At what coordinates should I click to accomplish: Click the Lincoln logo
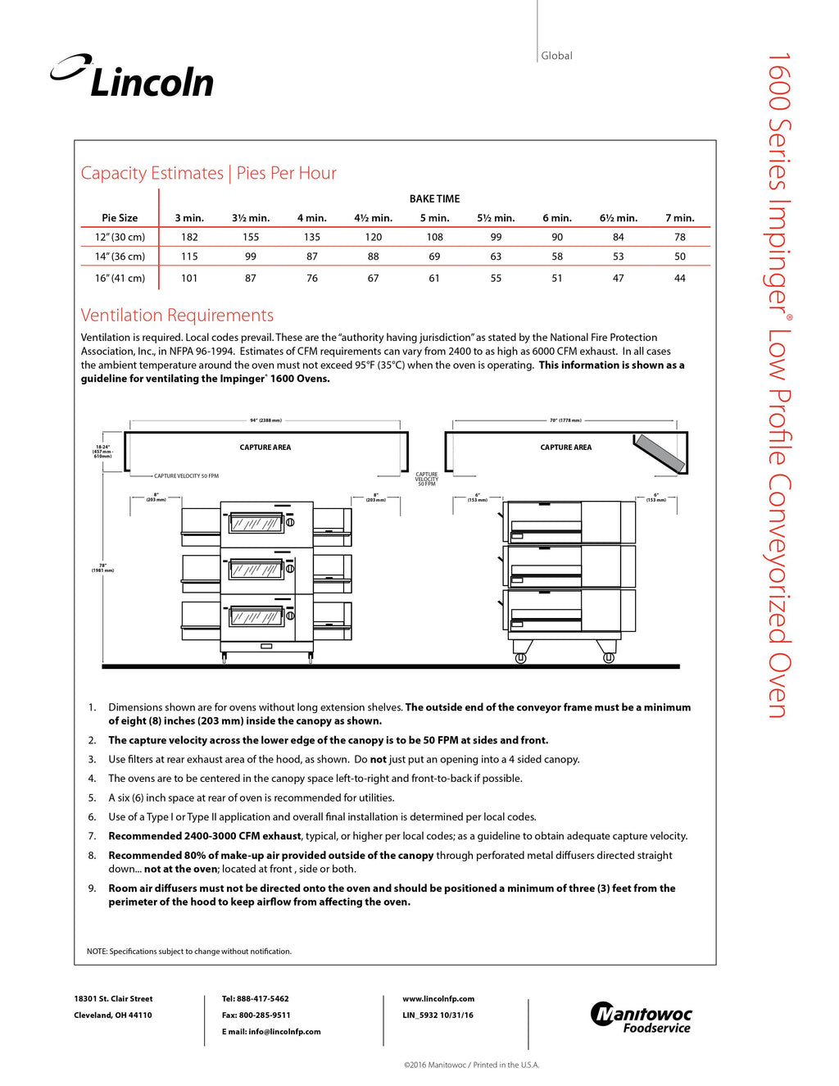point(133,77)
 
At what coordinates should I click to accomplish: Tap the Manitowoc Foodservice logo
point(641,1017)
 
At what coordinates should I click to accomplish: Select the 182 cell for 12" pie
point(189,237)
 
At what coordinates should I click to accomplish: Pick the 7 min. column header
point(679,218)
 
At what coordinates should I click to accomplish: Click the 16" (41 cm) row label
point(120,279)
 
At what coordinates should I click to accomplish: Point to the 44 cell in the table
point(679,279)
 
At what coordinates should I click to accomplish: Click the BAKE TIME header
point(434,199)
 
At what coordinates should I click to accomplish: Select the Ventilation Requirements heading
point(177,316)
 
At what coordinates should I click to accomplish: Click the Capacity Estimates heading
point(152,173)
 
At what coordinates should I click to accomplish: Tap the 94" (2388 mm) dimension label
point(265,420)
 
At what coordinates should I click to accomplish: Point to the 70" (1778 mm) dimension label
point(565,420)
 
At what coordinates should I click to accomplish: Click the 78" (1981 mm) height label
point(102,567)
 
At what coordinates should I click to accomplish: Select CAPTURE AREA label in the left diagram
point(265,448)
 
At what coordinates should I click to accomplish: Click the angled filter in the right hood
point(660,452)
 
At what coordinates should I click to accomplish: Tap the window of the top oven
point(256,523)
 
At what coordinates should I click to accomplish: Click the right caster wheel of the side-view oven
point(608,657)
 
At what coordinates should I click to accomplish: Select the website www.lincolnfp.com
point(438,999)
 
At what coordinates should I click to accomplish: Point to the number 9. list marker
point(92,888)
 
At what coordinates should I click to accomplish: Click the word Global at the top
point(556,56)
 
